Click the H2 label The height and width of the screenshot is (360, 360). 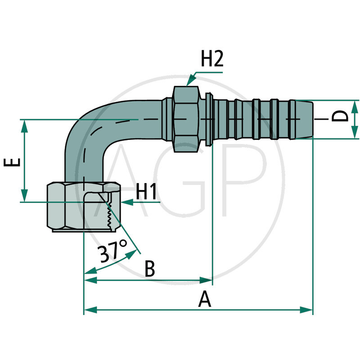coord(211,59)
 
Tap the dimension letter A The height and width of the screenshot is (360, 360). coord(205,299)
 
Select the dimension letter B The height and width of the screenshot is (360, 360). coord(150,270)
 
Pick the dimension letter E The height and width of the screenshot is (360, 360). coord(14,162)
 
